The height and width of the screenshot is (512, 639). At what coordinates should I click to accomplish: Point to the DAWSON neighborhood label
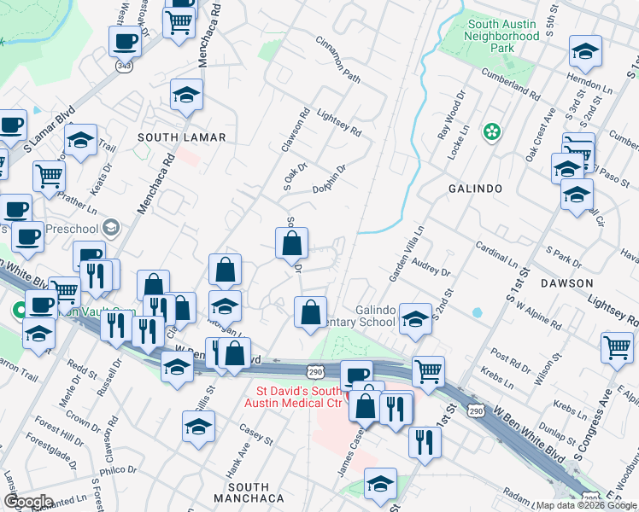point(566,282)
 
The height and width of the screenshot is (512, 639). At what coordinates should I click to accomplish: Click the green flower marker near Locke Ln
point(492,131)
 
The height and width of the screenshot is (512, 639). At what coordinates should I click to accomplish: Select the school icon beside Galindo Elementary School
point(415,320)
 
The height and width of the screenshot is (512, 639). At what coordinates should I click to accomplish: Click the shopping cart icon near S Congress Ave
point(617,347)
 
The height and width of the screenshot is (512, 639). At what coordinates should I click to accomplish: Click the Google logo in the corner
point(28,502)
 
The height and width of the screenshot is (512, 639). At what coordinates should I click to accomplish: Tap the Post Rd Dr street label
point(512,357)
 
